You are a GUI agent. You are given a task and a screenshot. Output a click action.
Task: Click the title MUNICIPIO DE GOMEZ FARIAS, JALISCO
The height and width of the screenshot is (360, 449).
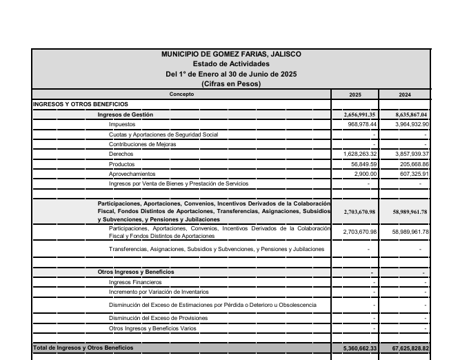point(231,54)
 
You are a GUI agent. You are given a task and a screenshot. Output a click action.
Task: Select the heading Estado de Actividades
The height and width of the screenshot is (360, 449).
point(231,64)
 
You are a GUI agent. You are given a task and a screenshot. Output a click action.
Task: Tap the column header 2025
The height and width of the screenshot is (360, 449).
point(355,94)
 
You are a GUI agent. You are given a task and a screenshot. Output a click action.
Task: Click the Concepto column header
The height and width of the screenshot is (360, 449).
point(182,94)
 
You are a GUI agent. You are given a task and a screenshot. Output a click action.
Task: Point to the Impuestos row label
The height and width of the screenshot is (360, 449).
point(122,124)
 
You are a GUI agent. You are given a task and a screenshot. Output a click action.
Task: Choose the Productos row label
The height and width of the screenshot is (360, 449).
point(122,164)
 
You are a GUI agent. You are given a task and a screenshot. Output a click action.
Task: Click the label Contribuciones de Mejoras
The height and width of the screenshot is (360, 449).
point(142,144)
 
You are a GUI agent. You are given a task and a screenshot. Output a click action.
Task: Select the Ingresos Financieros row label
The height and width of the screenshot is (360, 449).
point(135,282)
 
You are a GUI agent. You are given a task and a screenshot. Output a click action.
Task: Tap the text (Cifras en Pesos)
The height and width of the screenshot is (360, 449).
point(231,83)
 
